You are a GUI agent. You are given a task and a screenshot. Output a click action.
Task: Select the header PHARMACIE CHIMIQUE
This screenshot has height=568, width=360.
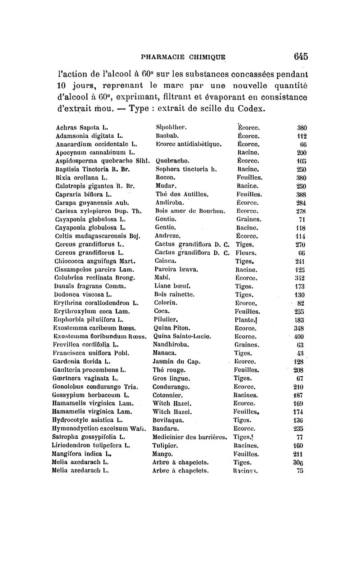183,58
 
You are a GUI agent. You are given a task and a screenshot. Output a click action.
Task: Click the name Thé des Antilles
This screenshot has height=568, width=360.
177,194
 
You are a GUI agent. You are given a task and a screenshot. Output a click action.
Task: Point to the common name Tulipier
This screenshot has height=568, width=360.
166,445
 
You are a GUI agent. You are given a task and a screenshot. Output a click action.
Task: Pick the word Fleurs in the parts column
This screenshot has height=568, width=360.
247,252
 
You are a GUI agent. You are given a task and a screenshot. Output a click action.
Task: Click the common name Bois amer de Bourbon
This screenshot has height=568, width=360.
187,211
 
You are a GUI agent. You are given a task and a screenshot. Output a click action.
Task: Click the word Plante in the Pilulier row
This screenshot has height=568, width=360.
244,320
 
